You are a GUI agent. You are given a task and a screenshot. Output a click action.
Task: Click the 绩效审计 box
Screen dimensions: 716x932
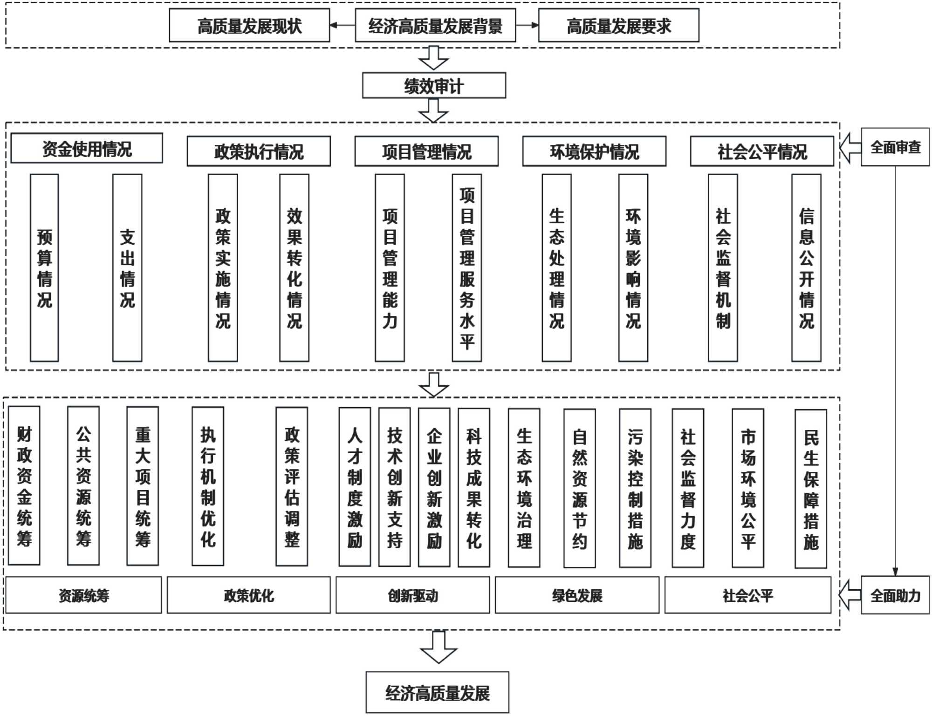click(434, 85)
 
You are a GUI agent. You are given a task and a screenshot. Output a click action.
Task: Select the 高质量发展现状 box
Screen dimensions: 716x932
click(249, 26)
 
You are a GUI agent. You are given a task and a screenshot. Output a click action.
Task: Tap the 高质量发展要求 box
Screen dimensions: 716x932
click(618, 26)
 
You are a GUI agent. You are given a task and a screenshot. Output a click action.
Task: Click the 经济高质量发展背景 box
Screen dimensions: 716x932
click(435, 26)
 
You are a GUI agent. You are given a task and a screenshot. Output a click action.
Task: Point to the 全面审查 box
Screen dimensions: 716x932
click(895, 147)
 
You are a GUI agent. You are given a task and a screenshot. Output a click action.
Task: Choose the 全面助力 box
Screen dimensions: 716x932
click(895, 595)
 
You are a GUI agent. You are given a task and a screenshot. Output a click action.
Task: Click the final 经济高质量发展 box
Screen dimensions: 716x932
click(437, 692)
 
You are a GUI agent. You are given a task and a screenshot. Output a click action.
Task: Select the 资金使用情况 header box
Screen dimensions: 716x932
click(87, 149)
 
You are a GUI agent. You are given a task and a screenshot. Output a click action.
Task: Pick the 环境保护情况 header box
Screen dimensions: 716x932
click(594, 151)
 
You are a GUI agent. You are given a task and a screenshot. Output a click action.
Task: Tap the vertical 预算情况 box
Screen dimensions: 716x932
click(44, 268)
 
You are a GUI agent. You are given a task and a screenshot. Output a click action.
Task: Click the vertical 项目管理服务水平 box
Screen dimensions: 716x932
click(467, 268)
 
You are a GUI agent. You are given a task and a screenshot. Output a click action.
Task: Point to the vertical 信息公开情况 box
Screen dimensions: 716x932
click(806, 268)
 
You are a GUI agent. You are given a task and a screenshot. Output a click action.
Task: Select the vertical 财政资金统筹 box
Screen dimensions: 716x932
click(24, 486)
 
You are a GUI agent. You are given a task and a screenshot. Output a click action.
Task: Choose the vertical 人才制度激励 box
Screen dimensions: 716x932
click(355, 487)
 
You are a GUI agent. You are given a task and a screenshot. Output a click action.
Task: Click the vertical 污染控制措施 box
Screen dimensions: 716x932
click(635, 488)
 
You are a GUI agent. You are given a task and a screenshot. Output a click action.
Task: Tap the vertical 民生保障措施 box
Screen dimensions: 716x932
click(811, 489)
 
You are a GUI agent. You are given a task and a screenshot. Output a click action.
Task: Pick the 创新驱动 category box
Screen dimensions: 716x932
click(412, 595)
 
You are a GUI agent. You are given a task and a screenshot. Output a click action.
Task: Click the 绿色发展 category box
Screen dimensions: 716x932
click(577, 595)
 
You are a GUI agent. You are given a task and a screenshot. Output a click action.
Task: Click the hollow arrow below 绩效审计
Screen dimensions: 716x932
click(433, 110)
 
